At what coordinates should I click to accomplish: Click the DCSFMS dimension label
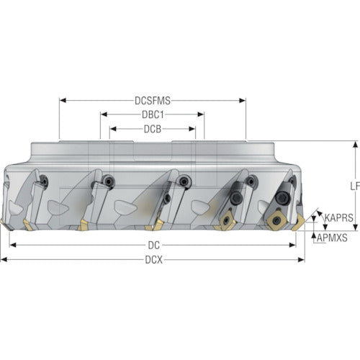(153, 101)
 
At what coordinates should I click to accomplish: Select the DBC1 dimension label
(153, 114)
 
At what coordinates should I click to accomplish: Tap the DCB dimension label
(153, 129)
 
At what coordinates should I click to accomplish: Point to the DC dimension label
(153, 246)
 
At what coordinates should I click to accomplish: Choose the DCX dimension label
(153, 260)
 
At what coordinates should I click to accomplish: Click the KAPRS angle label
(339, 217)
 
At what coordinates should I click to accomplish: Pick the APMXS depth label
(332, 238)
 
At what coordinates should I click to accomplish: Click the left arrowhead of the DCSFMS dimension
(63, 100)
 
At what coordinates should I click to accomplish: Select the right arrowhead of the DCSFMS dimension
(243, 100)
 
